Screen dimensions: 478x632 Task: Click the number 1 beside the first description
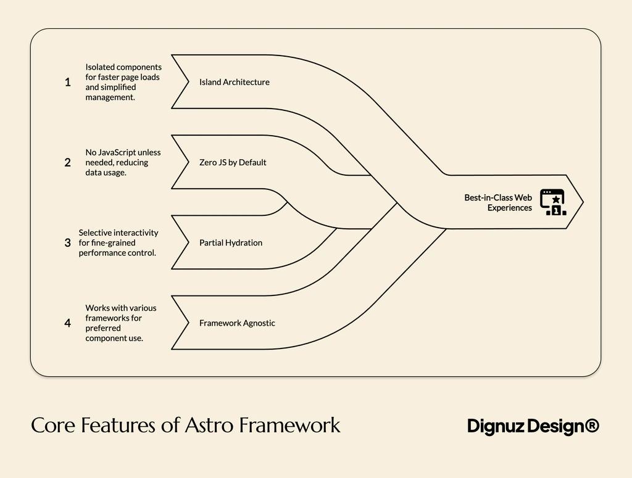pos(67,82)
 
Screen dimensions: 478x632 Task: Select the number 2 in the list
pos(67,163)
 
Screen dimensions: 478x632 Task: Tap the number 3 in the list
pos(67,243)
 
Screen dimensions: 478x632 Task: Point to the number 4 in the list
pos(67,323)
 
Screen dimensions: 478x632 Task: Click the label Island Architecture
pos(234,82)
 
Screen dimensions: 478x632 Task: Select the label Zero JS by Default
pos(233,163)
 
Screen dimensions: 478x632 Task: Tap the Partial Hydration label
pos(230,243)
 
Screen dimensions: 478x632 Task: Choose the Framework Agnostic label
pos(237,323)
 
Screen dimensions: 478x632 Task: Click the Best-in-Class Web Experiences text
pos(498,203)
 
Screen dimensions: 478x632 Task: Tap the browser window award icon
pos(552,202)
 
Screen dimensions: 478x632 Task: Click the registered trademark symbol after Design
pos(591,426)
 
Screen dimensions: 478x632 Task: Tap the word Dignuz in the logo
pos(496,426)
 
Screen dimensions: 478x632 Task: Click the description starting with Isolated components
pos(123,82)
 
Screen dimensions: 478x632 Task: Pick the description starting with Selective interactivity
pos(118,243)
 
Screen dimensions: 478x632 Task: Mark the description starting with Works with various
pos(120,323)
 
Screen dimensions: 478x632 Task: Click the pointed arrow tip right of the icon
pos(579,202)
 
